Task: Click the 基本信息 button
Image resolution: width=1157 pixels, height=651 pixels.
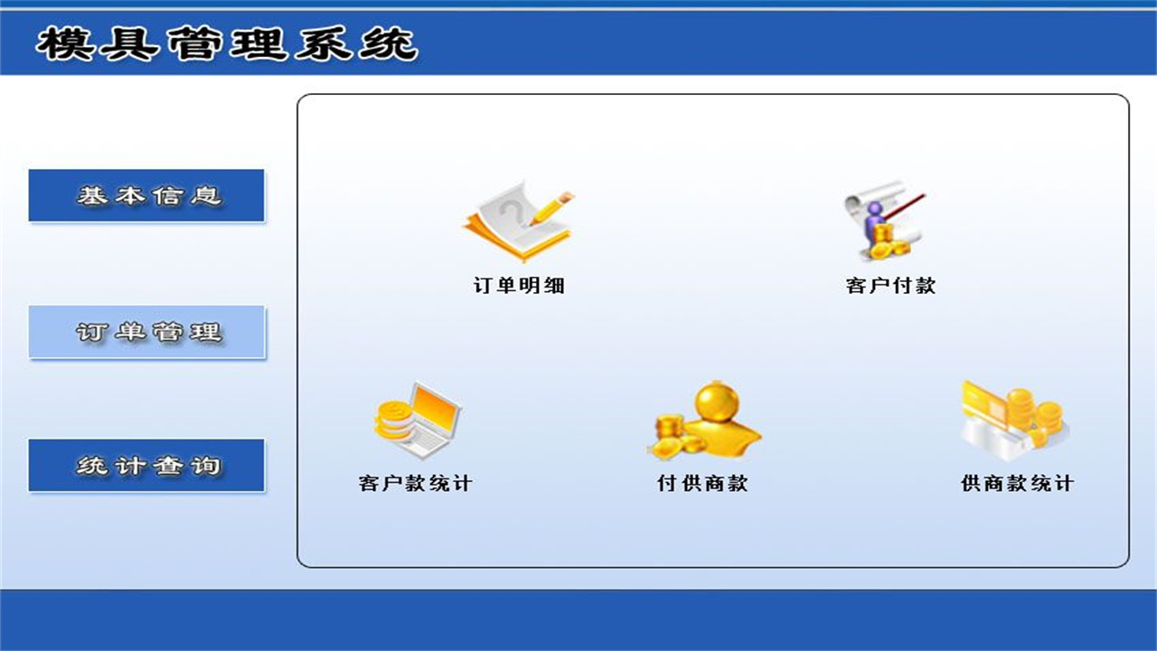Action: click(146, 195)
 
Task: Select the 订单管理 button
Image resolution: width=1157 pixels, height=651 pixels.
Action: click(146, 332)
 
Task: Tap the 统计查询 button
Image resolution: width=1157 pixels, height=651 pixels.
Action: click(146, 466)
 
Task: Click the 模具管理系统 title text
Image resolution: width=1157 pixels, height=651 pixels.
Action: click(226, 43)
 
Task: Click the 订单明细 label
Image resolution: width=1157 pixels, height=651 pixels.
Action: click(519, 286)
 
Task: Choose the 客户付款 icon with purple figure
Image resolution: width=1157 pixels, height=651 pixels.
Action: click(883, 220)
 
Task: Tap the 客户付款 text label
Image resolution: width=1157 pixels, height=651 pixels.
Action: click(890, 286)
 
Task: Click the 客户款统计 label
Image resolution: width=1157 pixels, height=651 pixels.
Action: click(415, 483)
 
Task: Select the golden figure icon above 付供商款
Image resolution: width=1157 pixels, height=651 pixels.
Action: click(704, 420)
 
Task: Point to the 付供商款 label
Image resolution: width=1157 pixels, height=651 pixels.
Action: click(702, 483)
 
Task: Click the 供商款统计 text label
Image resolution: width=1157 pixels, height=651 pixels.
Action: click(1017, 483)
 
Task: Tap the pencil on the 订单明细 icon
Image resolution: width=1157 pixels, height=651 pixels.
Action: click(551, 207)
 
